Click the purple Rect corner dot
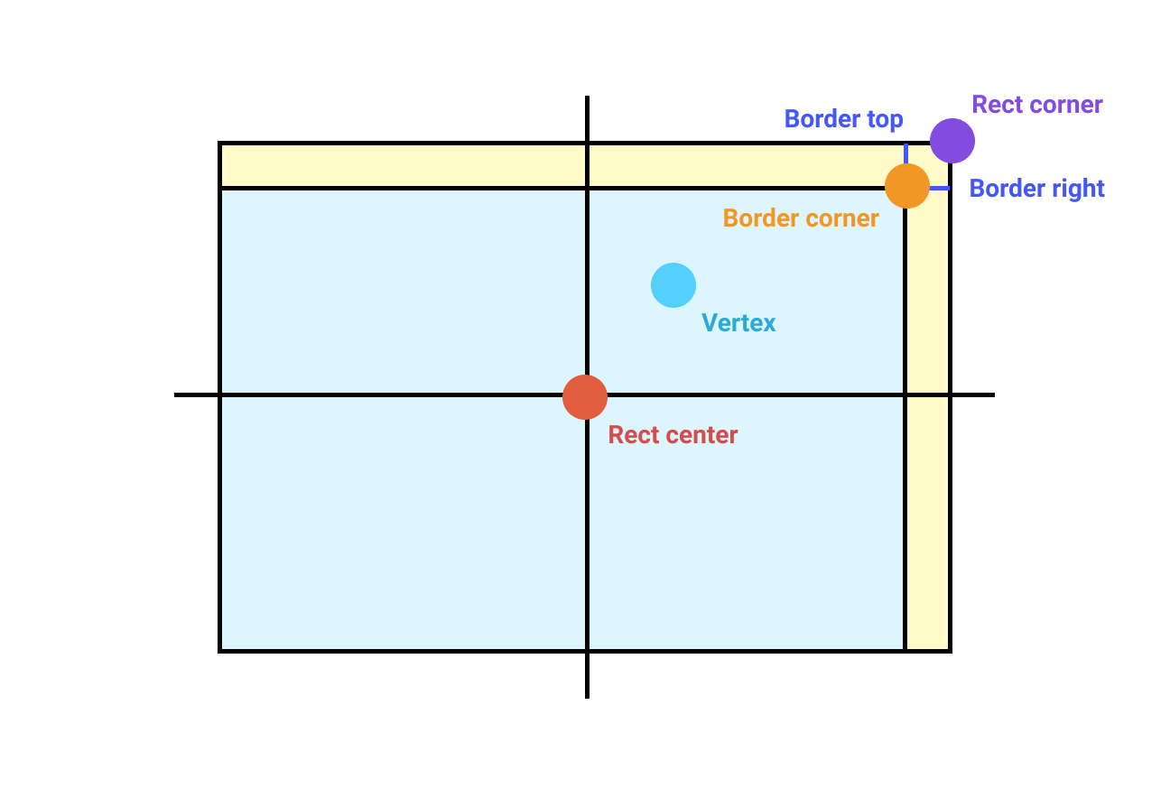(952, 141)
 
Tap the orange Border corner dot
(907, 186)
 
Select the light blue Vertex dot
(673, 285)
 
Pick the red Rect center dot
(585, 397)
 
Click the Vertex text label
(738, 322)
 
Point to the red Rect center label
(673, 435)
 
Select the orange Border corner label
(801, 218)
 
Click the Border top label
(843, 119)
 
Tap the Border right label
(1036, 189)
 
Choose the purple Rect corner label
(1037, 105)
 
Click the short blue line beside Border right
(940, 188)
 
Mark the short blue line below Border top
(905, 153)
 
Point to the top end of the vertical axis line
(587, 97)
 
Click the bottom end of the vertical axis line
(587, 696)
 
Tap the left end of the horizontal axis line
(176, 394)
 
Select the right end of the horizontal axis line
(993, 394)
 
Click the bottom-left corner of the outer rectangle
(220, 650)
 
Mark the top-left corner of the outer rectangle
(220, 143)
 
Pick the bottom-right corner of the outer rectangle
(950, 650)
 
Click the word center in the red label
(703, 435)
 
